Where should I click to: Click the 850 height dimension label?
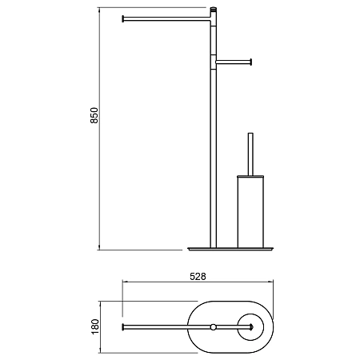[x=94, y=115]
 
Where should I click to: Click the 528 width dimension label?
[x=198, y=277]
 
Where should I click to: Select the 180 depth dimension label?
[x=95, y=326]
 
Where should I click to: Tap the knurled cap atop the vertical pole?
[x=214, y=10]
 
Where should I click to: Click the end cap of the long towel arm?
[x=123, y=19]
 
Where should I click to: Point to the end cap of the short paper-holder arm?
[x=250, y=62]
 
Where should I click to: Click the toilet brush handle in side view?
[x=250, y=154]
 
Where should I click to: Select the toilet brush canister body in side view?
[x=250, y=213]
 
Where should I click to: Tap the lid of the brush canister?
[x=250, y=176]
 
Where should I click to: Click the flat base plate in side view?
[x=230, y=249]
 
